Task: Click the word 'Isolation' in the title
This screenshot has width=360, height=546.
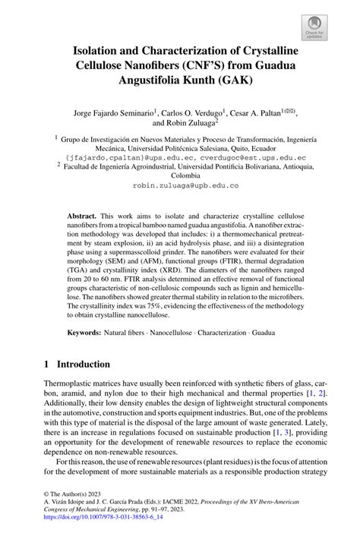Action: click(103, 52)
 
